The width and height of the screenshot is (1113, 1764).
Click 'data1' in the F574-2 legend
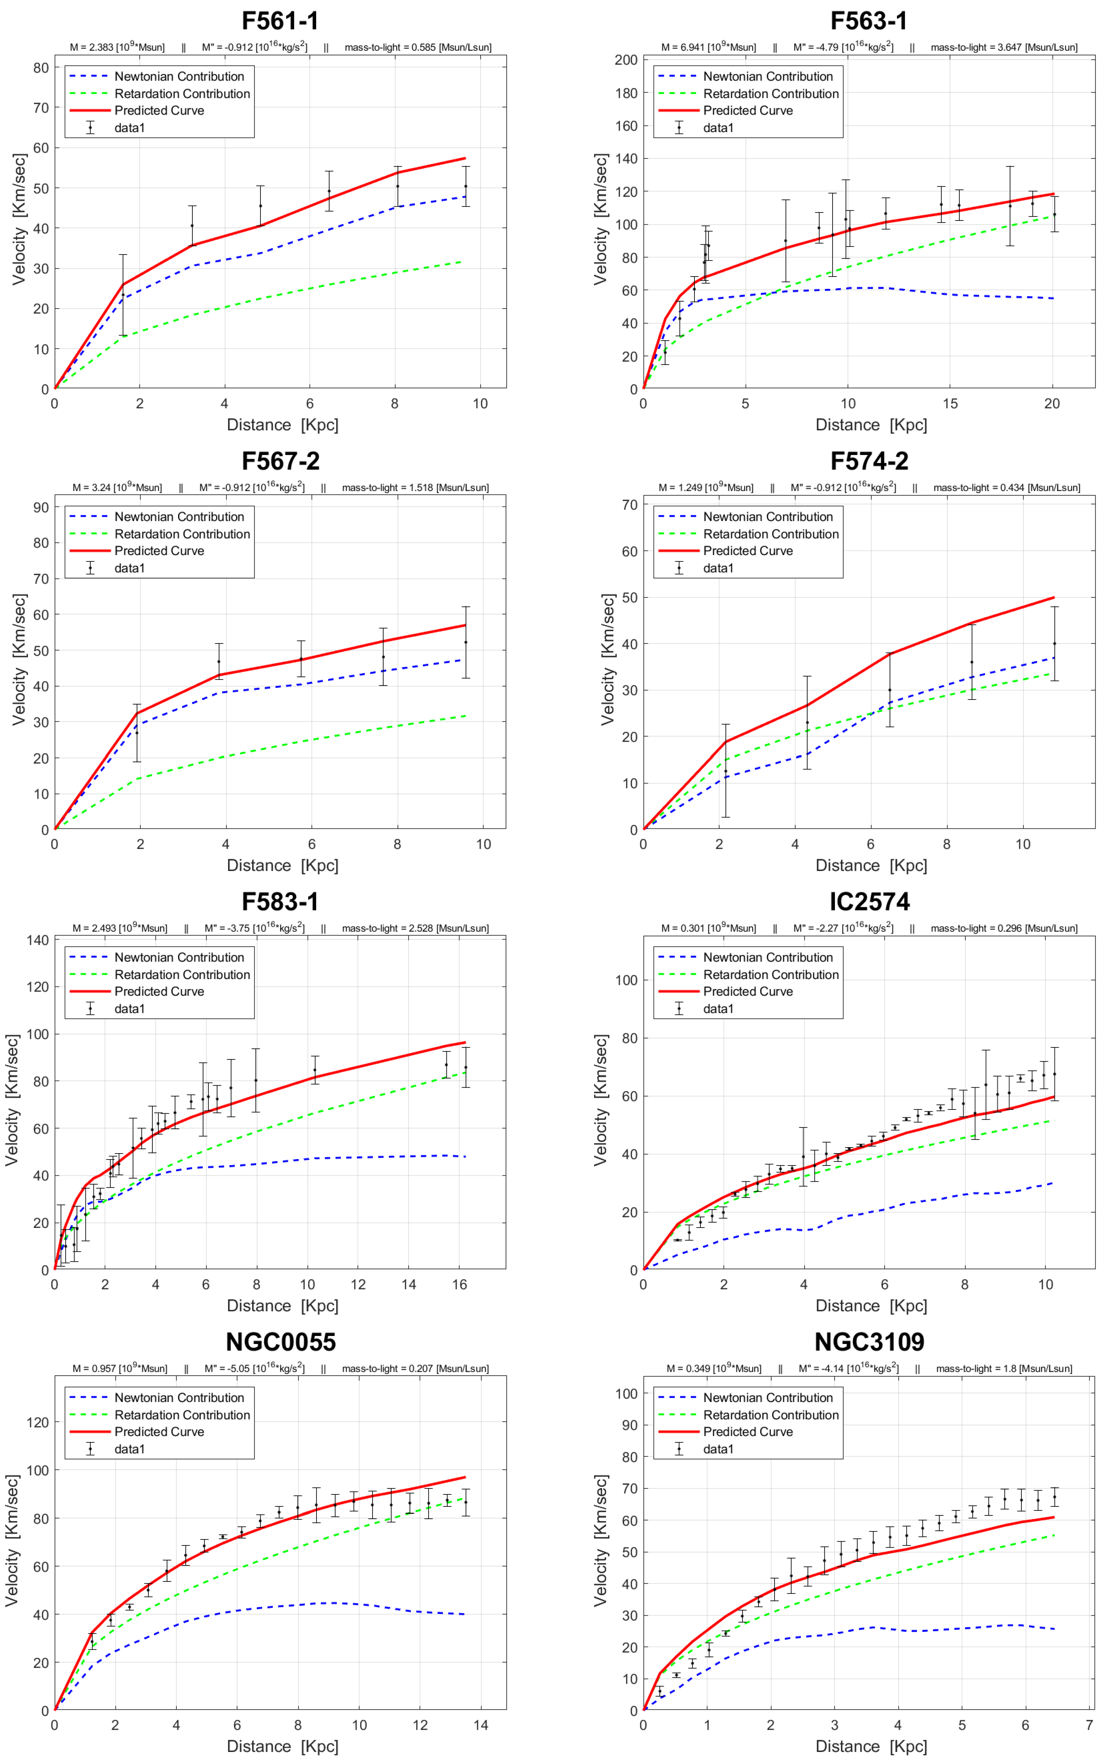click(x=718, y=568)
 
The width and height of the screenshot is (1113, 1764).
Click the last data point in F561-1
click(x=465, y=186)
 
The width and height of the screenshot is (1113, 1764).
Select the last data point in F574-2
click(x=1054, y=644)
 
